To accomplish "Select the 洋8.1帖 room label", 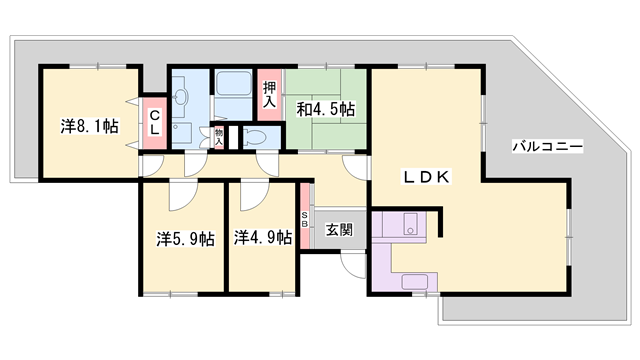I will coord(89,126).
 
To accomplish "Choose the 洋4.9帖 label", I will coord(263,238).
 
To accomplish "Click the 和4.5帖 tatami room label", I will coord(325,108).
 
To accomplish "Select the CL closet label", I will coord(155,125).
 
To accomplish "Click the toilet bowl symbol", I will coord(251,137).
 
